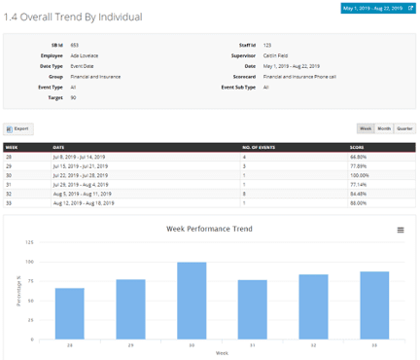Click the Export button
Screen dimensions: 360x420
(x=19, y=128)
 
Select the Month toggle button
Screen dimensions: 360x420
(x=384, y=128)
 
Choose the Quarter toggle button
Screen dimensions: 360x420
(x=403, y=128)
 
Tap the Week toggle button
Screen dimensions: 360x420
(x=367, y=128)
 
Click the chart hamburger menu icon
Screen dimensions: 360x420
(x=401, y=231)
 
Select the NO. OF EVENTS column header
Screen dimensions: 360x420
(x=258, y=148)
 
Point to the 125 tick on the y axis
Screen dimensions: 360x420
(x=30, y=242)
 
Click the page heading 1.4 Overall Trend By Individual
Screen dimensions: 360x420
(x=73, y=18)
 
